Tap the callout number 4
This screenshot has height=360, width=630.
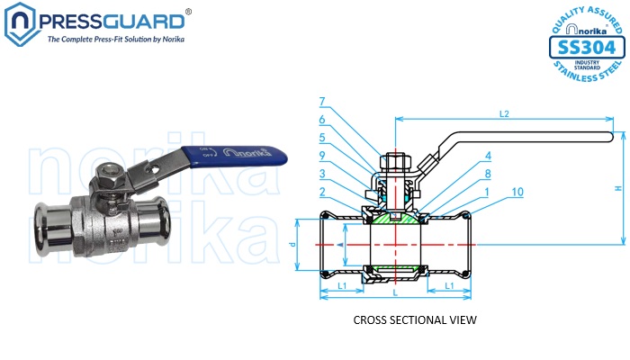tap(463, 156)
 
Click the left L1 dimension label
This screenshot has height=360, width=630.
tap(342, 285)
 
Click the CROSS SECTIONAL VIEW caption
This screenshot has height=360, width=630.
tap(414, 319)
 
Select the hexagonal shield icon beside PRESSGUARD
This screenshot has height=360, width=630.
tap(20, 24)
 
